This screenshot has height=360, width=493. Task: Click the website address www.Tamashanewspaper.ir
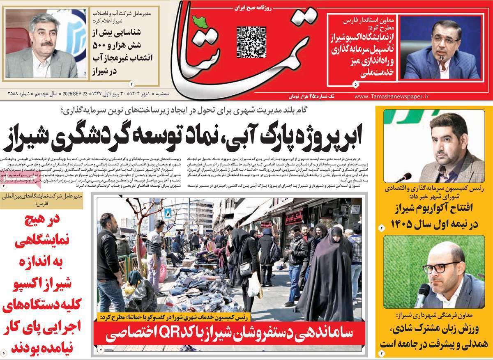pos(391,96)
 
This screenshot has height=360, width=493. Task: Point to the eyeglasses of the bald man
pos(441,267)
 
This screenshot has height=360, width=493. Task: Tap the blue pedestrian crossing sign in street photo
pos(168,213)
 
